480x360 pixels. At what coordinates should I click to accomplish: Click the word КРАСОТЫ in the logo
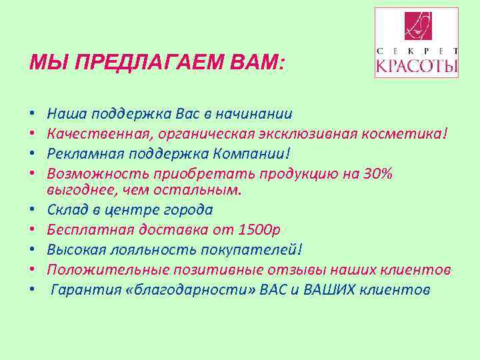[417, 67]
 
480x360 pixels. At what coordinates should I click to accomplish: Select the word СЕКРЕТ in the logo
[417, 51]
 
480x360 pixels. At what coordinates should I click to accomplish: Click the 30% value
[378, 173]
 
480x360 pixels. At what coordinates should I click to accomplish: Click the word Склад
[68, 209]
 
